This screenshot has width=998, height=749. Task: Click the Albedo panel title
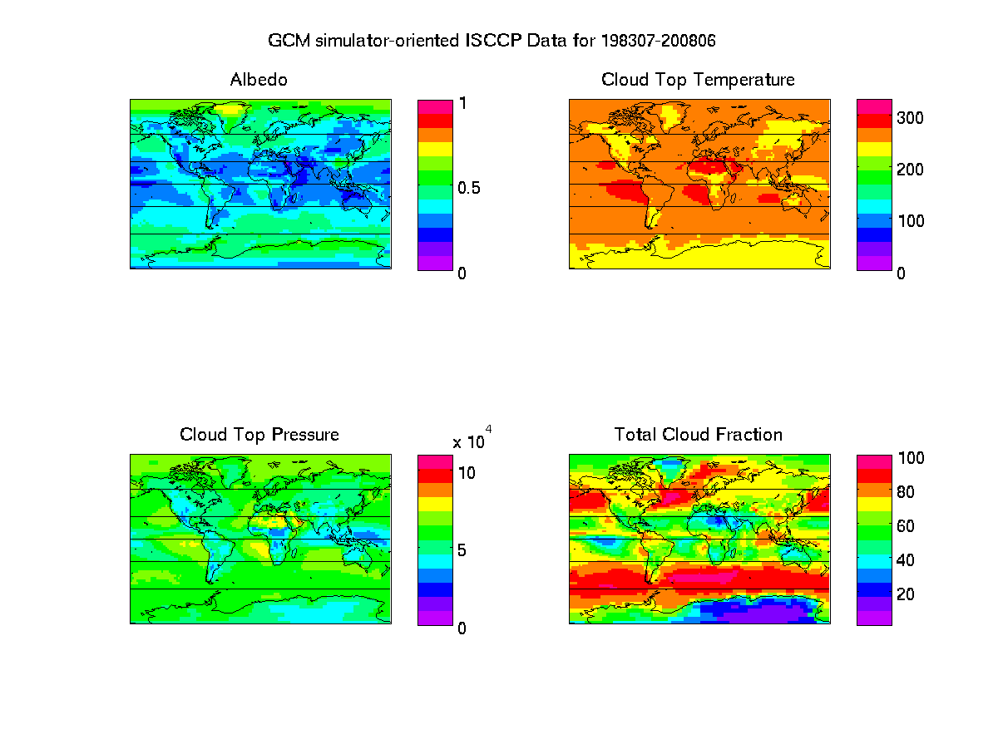[x=259, y=80]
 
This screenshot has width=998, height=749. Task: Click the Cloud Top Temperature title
[x=698, y=80]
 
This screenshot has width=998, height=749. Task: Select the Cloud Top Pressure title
[x=259, y=435]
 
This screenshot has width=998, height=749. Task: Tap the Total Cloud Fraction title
[x=698, y=435]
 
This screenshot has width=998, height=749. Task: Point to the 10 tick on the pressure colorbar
[x=468, y=473]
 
